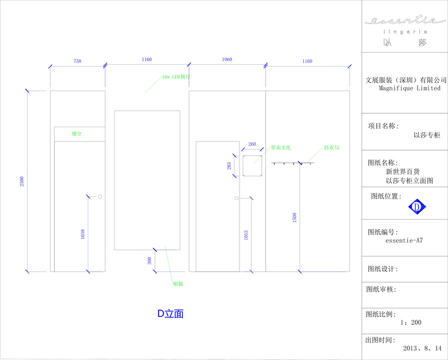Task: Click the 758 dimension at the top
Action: (77, 61)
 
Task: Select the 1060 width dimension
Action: (227, 60)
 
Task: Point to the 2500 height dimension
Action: (22, 181)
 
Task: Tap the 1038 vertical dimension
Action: (83, 234)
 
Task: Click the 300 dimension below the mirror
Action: (150, 260)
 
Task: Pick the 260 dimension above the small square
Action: (252, 144)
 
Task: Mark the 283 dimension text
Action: (229, 166)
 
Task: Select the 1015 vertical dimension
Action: (246, 235)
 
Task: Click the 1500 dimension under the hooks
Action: (294, 218)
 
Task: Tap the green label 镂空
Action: (77, 134)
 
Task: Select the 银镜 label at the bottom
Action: (178, 284)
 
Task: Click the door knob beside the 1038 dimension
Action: (100, 196)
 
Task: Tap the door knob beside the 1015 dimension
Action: (236, 198)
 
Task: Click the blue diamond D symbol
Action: (417, 207)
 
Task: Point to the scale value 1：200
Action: (411, 322)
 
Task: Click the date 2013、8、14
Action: (422, 348)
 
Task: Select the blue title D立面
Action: (170, 314)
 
